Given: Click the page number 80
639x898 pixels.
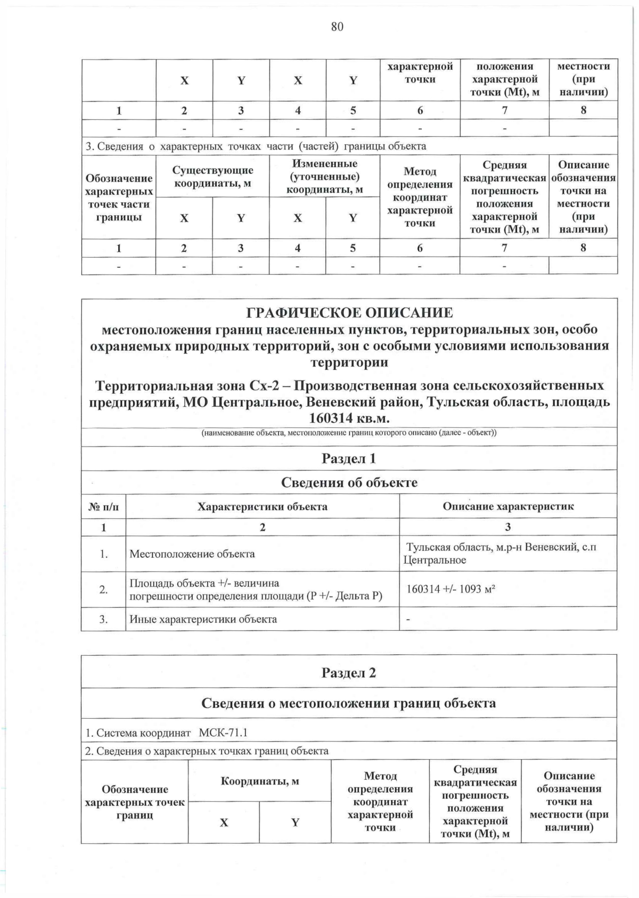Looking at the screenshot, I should tap(337, 27).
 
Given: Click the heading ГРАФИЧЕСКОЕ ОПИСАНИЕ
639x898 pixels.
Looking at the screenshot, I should tap(349, 312).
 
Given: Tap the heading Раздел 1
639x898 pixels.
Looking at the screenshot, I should tap(349, 458).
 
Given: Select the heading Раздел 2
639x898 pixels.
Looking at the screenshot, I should tap(349, 673).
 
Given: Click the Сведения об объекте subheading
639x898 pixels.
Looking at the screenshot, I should tap(349, 483).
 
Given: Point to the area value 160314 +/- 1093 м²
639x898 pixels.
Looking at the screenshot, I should tap(452, 589).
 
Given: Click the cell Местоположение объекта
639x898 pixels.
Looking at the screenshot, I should tap(192, 554).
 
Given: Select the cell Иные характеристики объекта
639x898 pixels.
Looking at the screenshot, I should tap(203, 619).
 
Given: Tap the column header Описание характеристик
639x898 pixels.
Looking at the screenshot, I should tap(508, 506).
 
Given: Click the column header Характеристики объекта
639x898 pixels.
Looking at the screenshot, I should tap(263, 506).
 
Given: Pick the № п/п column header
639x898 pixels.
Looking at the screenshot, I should tap(103, 507).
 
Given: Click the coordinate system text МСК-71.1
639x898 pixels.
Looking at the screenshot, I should tap(223, 733).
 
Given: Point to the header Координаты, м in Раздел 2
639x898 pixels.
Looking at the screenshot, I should tap(260, 781).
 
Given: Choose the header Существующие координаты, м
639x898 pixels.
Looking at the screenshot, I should tap(212, 177).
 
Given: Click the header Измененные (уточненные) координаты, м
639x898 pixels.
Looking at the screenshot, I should tap(325, 176).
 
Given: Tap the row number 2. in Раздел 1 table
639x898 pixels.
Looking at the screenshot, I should tap(104, 590).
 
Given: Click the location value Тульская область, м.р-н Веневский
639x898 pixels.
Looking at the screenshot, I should tap(501, 547).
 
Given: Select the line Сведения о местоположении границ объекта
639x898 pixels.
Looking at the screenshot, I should tap(349, 703).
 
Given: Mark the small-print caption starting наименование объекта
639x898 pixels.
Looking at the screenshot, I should tap(349, 432).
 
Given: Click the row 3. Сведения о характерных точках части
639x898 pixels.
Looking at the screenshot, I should tap(256, 146).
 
